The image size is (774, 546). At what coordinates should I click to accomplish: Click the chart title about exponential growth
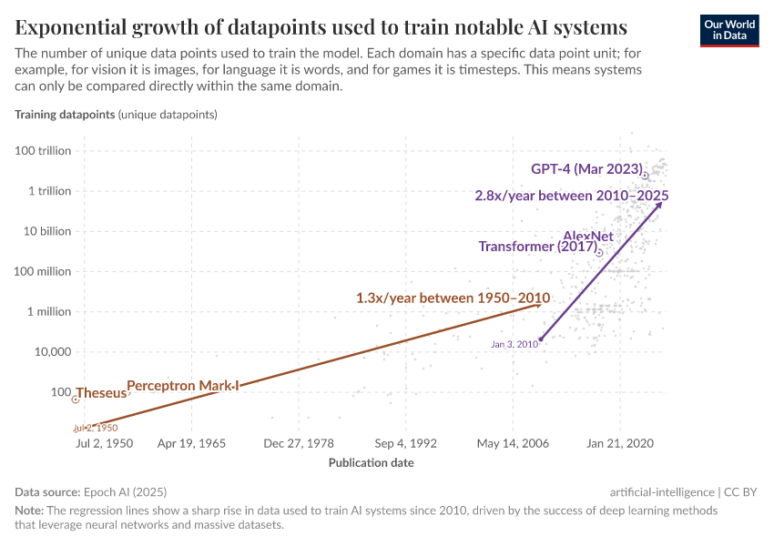pyautogui.click(x=321, y=25)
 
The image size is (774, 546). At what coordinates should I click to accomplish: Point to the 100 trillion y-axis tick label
pyautogui.click(x=43, y=151)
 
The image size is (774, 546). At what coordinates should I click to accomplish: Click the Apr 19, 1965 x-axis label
pyautogui.click(x=191, y=443)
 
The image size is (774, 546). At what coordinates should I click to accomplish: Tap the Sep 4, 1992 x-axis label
pyautogui.click(x=406, y=443)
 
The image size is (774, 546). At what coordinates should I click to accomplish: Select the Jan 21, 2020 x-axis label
pyautogui.click(x=620, y=443)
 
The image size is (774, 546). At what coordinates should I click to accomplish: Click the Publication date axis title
pyautogui.click(x=371, y=462)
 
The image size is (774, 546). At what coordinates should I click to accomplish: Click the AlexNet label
pyautogui.click(x=587, y=237)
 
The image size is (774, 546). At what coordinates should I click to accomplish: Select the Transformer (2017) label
pyautogui.click(x=536, y=247)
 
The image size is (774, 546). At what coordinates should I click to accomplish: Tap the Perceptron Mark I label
pyautogui.click(x=182, y=386)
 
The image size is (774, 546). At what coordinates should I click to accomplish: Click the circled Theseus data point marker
pyautogui.click(x=76, y=399)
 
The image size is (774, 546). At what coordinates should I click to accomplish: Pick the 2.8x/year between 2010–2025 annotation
pyautogui.click(x=572, y=196)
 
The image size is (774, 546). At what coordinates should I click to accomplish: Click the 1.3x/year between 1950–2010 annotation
pyautogui.click(x=453, y=298)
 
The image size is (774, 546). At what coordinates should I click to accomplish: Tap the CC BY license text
pyautogui.click(x=741, y=491)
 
